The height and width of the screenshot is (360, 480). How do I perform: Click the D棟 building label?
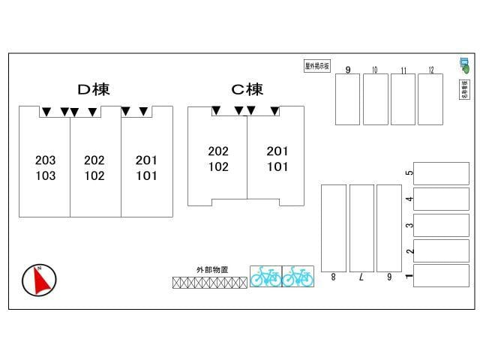click(94, 89)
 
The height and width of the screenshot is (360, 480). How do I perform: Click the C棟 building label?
click(247, 90)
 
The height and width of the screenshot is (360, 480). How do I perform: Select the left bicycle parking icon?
click(265, 276)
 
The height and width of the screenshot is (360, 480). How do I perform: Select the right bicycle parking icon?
click(298, 276)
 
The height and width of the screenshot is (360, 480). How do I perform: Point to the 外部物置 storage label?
click(211, 269)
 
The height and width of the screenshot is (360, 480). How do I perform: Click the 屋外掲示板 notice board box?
click(317, 66)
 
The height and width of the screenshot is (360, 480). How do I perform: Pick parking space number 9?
click(347, 99)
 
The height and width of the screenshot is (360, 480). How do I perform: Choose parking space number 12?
click(430, 99)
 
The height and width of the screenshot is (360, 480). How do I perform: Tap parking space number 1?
click(441, 275)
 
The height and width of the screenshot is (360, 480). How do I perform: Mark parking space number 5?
click(441, 173)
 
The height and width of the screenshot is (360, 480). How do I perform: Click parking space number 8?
click(334, 228)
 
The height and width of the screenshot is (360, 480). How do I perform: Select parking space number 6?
click(389, 228)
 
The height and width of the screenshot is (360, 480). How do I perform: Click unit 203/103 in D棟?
click(45, 168)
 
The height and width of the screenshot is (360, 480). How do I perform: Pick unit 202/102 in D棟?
click(94, 168)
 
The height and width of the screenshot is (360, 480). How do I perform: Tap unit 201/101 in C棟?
click(277, 159)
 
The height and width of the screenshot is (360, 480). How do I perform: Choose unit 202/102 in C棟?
click(218, 159)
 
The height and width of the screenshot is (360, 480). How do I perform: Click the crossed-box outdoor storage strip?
click(210, 283)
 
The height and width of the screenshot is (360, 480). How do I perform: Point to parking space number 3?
click(441, 225)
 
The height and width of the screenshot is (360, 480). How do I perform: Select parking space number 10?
click(375, 99)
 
